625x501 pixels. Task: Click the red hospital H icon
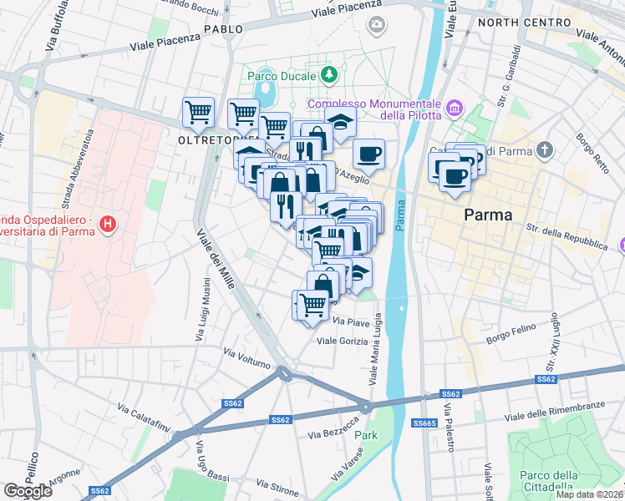(107, 224)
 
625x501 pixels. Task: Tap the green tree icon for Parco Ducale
(330, 75)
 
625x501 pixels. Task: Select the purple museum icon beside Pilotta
(455, 108)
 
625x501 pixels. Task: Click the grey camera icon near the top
(377, 24)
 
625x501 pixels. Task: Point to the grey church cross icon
(545, 150)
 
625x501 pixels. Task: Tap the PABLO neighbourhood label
(222, 29)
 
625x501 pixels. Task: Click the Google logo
(28, 491)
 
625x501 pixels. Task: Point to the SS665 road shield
(425, 424)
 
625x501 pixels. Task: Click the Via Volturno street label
(247, 358)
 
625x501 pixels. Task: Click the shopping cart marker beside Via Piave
(312, 305)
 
